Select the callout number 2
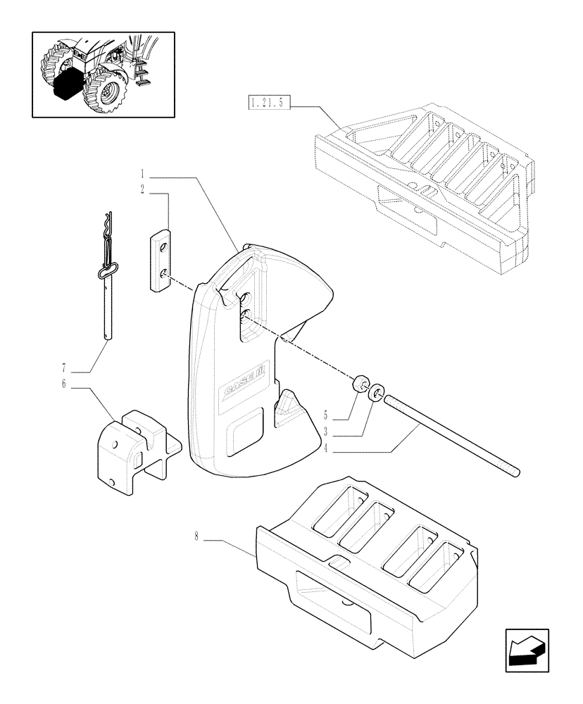(142, 189)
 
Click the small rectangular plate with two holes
(162, 258)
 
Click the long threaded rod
(451, 436)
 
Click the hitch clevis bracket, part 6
(137, 451)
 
